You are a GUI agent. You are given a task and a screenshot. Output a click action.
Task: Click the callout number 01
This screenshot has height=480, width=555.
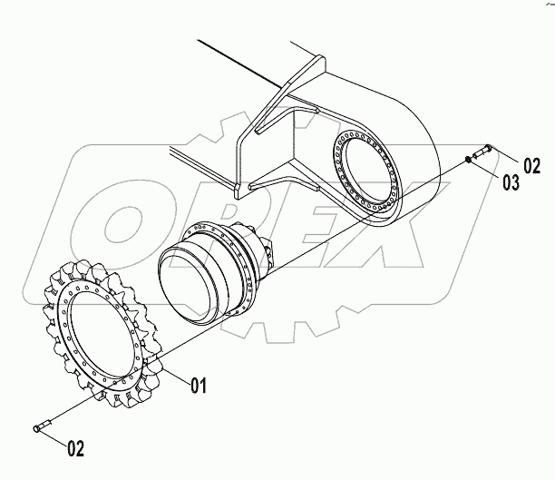pos(199,387)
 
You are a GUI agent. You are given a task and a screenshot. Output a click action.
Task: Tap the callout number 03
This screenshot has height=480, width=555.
pos(511,183)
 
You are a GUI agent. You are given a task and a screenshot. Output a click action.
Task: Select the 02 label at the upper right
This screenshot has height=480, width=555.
pos(531,165)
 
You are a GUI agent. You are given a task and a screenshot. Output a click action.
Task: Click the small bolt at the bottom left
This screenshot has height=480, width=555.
pos(41,426)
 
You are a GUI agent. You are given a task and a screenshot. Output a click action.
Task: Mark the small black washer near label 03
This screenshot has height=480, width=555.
pos(467,159)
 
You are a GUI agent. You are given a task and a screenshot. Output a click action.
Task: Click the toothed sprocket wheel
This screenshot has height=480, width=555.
pos(100,336)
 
